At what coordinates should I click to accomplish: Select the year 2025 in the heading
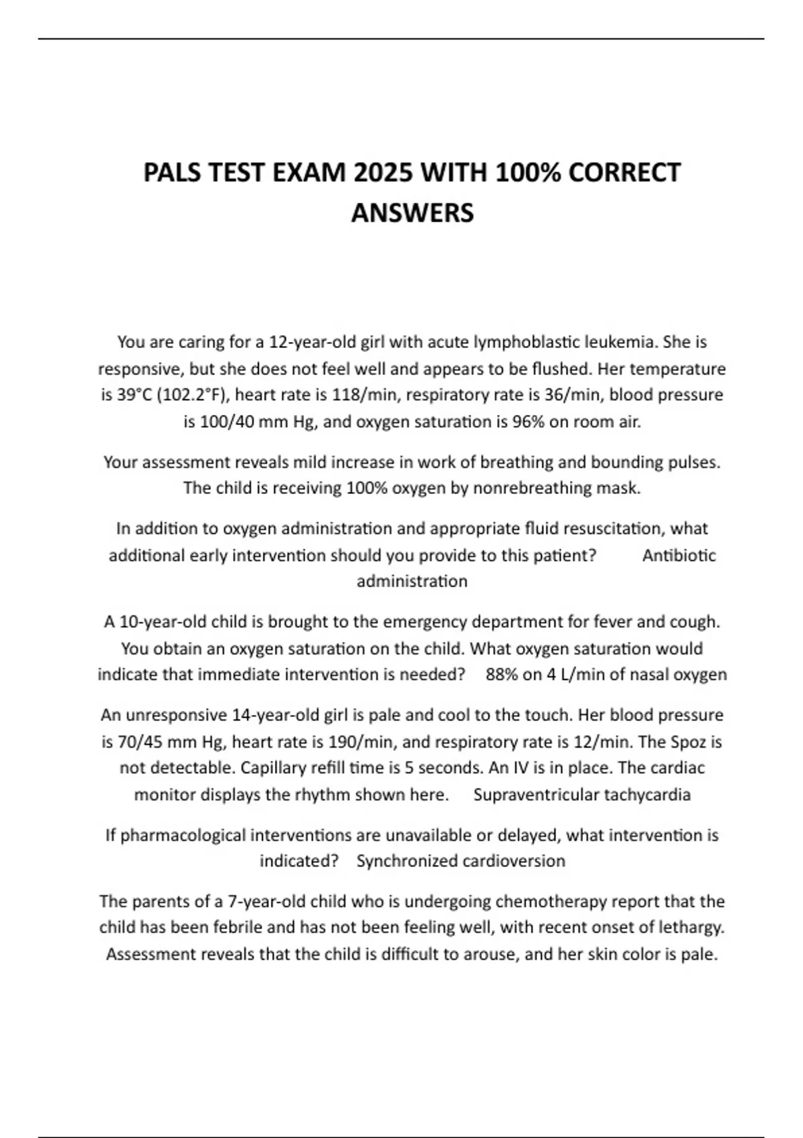click(x=384, y=173)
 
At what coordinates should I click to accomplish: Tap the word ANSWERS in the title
click(x=412, y=213)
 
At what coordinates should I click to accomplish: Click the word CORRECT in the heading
click(x=624, y=173)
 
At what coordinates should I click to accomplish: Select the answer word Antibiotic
click(x=679, y=555)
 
